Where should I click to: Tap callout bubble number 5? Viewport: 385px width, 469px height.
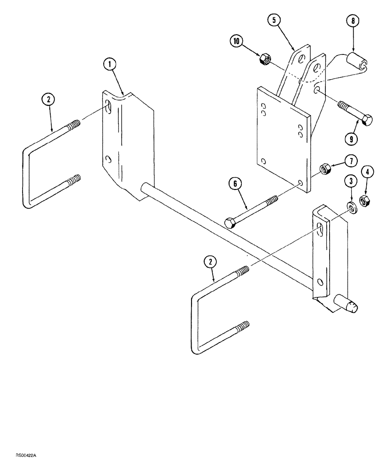tap(274, 20)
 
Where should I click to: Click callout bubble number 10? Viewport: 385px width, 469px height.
tap(237, 41)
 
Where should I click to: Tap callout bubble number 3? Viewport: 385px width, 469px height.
tap(349, 181)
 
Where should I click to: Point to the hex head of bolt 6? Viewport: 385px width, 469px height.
tap(230, 223)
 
